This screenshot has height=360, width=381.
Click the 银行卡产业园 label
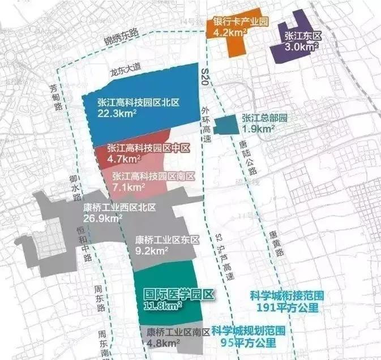click(x=240, y=23)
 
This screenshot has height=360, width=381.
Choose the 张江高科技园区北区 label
click(x=139, y=102)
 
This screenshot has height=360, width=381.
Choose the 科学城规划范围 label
click(x=248, y=330)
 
